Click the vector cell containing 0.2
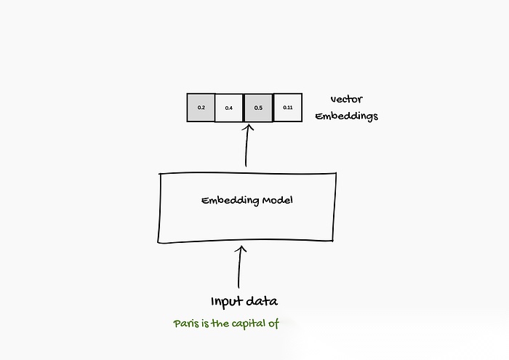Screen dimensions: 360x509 (201, 108)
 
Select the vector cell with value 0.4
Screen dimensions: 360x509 (229, 108)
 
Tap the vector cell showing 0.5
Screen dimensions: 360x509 (258, 108)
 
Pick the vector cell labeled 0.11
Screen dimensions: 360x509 (287, 108)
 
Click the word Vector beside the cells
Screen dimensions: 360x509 (346, 100)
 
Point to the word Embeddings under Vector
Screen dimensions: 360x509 (346, 116)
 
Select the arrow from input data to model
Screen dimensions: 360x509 (240, 269)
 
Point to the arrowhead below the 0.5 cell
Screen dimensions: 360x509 (247, 129)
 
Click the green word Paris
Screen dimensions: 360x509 (183, 324)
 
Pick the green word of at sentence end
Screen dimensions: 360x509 (273, 324)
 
